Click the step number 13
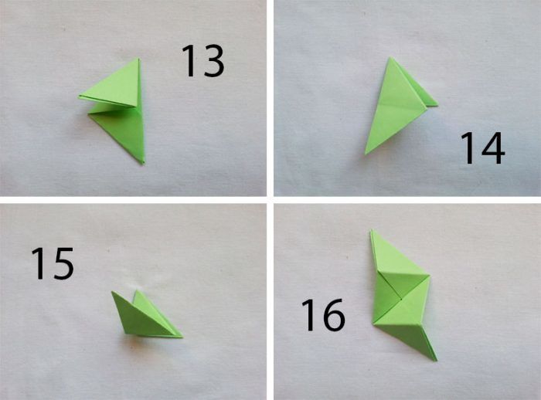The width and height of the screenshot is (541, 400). [x=202, y=61]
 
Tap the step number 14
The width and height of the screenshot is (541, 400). [x=482, y=148]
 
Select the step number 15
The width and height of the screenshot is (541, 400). [x=53, y=263]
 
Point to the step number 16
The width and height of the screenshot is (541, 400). [x=323, y=315]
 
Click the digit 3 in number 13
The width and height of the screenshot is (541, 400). [x=213, y=61]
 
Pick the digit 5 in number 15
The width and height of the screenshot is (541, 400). [x=63, y=263]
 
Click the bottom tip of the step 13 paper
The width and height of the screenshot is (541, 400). [x=142, y=163]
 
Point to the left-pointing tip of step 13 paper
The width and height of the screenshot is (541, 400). [x=79, y=97]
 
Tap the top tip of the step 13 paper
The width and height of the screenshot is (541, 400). [x=138, y=58]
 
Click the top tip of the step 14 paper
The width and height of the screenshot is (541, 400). [x=390, y=58]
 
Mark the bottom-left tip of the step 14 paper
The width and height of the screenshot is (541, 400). [x=366, y=154]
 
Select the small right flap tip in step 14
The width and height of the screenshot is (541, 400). [x=437, y=105]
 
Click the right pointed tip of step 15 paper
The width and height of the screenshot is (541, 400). [x=182, y=337]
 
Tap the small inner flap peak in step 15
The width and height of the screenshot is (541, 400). [x=138, y=290]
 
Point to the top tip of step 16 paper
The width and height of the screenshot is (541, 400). [x=372, y=230]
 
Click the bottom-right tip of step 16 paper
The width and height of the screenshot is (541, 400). [x=436, y=361]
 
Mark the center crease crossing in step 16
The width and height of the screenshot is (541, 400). [x=402, y=299]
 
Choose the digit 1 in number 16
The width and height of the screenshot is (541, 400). [x=309, y=315]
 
